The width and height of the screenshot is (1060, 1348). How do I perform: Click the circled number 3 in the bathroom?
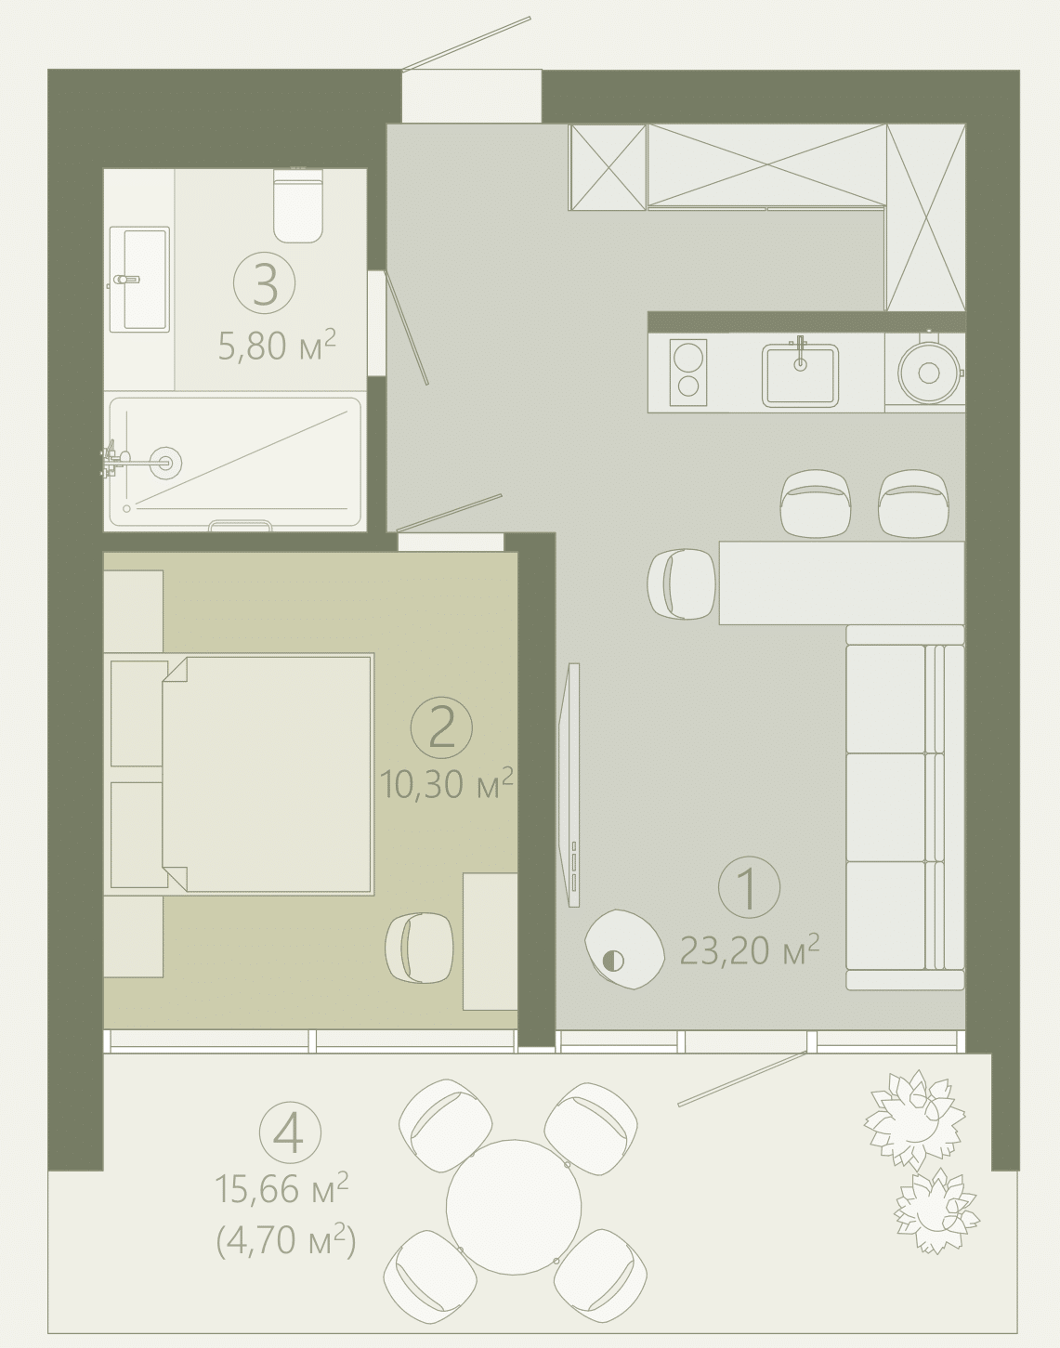(x=265, y=283)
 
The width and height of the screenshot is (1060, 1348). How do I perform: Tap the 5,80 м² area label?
(x=277, y=345)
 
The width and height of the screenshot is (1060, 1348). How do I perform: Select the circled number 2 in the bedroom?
(x=441, y=728)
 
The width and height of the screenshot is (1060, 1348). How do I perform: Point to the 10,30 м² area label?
(x=447, y=783)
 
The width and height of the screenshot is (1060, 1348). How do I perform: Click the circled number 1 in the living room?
(x=749, y=887)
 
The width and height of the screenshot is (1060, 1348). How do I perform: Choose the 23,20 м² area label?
(x=750, y=951)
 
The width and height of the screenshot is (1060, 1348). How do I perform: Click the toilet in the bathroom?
(x=298, y=204)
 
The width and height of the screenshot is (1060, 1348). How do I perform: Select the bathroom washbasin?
(x=139, y=279)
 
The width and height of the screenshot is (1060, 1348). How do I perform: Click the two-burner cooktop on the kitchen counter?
(x=688, y=373)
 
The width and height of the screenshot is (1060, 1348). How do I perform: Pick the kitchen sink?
(x=800, y=373)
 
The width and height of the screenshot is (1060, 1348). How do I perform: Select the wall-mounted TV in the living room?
(x=569, y=786)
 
